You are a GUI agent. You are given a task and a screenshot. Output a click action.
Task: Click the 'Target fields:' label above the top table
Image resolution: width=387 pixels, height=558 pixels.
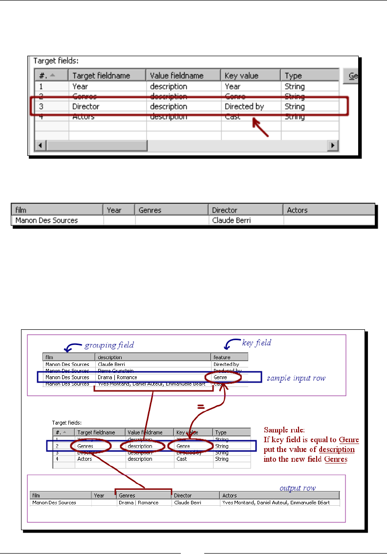[55, 61]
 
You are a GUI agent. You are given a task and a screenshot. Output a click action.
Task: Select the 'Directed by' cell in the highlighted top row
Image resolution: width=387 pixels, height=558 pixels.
[244, 107]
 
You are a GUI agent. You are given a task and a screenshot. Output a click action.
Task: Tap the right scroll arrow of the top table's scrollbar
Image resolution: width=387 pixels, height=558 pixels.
[333, 146]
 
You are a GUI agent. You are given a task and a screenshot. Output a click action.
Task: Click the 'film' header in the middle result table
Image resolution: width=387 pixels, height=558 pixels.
[21, 210]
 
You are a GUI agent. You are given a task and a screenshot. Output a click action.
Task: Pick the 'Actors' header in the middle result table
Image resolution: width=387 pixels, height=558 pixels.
[297, 210]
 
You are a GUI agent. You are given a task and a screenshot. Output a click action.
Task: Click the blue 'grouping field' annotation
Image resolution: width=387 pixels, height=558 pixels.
[109, 345]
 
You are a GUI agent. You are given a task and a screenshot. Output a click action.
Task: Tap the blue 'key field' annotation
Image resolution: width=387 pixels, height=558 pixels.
[256, 343]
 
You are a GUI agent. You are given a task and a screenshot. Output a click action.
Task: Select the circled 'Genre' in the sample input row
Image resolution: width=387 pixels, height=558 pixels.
[223, 378]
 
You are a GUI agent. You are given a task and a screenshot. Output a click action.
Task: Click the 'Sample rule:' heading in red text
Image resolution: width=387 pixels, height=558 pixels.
[282, 430]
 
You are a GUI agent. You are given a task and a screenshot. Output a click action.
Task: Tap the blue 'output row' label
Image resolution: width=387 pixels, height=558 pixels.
[297, 488]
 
